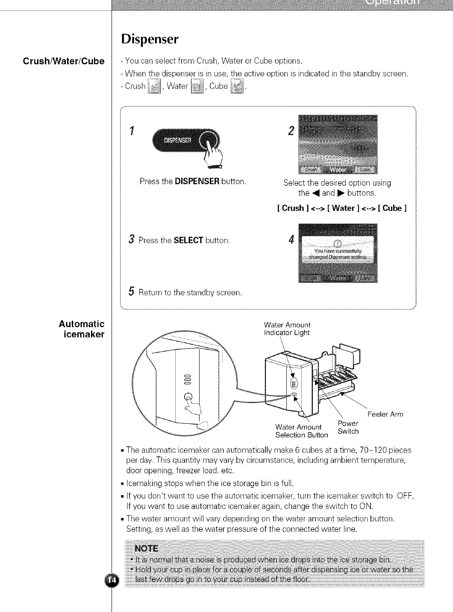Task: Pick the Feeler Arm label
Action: [385, 414]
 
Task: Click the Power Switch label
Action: [348, 427]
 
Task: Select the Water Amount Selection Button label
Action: [301, 431]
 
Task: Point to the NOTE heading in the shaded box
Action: [146, 548]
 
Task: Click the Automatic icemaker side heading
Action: [82, 329]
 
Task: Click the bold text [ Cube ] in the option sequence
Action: [391, 208]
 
